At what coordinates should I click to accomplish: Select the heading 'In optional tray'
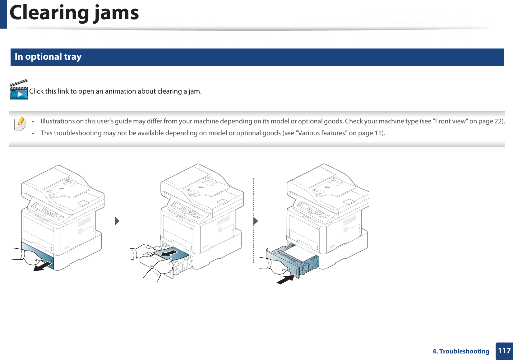48,57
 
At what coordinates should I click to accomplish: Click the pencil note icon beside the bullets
20,124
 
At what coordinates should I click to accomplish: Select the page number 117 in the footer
504,351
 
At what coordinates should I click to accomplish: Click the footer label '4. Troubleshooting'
461,351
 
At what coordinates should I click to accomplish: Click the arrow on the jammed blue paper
169,253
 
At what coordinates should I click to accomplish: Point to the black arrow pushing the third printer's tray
285,279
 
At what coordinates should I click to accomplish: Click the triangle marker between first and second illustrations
117,221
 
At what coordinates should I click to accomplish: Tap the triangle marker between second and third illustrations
256,221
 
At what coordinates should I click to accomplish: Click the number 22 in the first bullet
498,121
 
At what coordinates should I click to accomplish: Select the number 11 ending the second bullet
378,133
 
